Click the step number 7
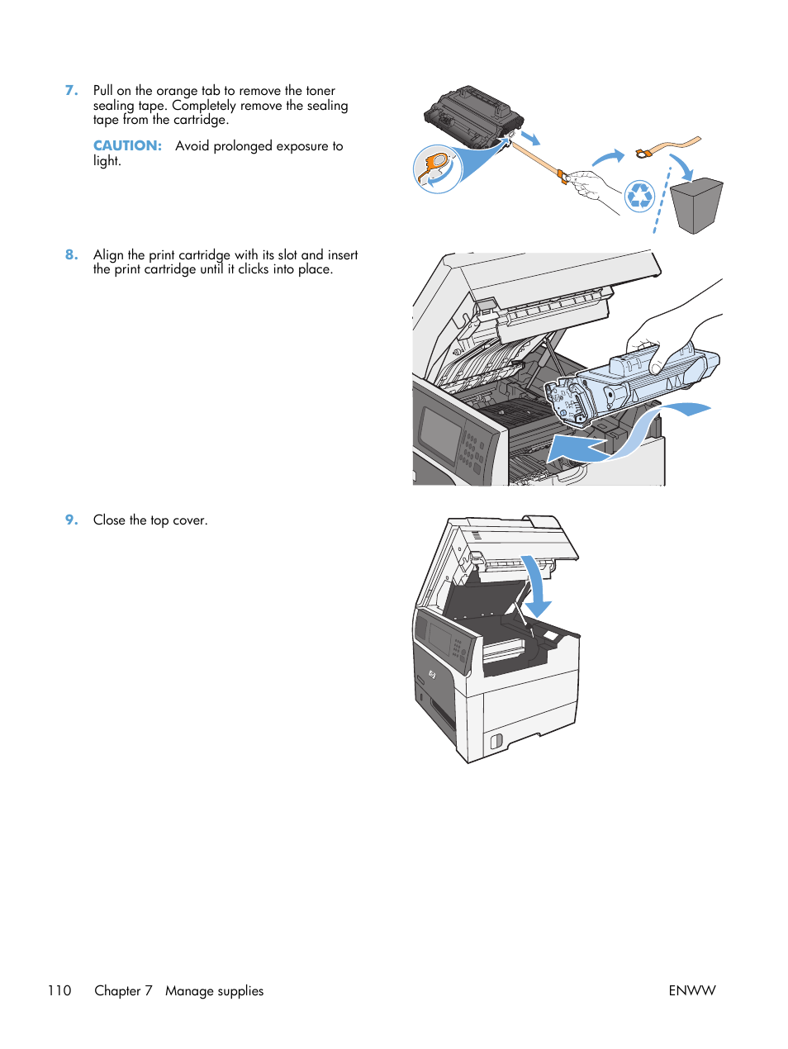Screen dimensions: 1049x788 pos(71,91)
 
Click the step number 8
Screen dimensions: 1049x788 pos(71,255)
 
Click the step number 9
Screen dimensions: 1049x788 pos(71,520)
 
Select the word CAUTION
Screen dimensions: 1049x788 pos(127,146)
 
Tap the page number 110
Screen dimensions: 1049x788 pos(59,990)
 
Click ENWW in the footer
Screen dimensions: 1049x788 pos(691,990)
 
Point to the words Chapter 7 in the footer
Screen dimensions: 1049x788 pos(123,990)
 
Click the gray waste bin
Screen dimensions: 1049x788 pos(696,205)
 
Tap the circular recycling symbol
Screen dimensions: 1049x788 pos(639,197)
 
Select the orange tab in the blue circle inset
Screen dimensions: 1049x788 pos(435,165)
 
